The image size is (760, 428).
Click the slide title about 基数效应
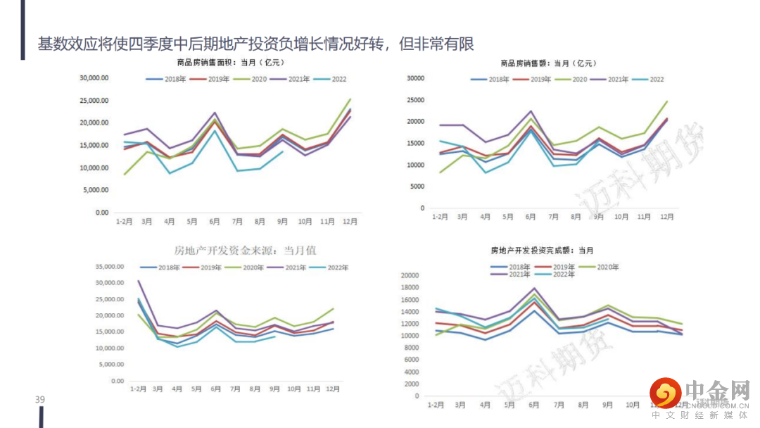[x=256, y=44]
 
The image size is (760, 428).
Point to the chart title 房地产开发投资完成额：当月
[x=542, y=251]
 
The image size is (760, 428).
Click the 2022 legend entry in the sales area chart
[x=337, y=79]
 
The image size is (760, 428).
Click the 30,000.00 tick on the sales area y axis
[x=94, y=78]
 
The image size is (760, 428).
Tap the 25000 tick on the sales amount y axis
[x=415, y=99]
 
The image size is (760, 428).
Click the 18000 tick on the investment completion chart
[x=410, y=287]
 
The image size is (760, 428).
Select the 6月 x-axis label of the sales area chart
[x=214, y=222]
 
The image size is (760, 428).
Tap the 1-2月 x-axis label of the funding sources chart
[x=138, y=389]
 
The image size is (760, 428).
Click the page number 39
[x=40, y=401]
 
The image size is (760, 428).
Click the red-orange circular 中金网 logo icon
[x=665, y=393]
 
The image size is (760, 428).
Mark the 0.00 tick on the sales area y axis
[x=101, y=213]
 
